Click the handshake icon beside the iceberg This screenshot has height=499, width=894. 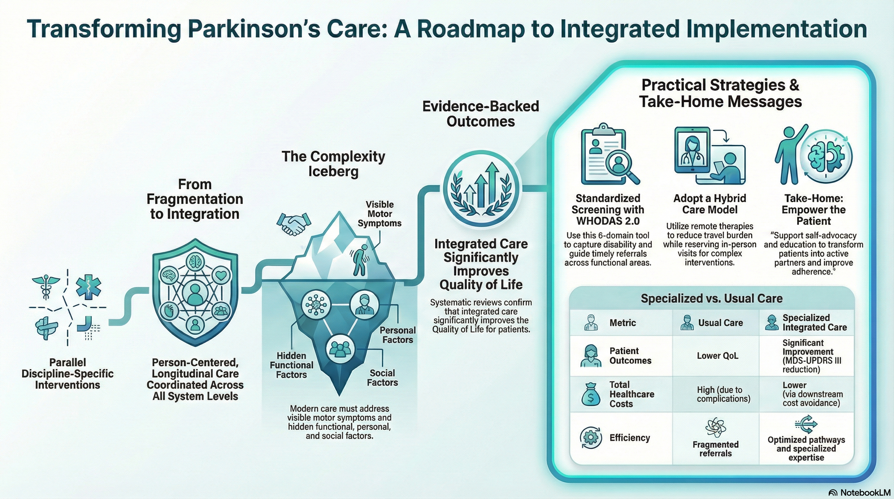click(294, 223)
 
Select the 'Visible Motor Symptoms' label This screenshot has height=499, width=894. click(379, 214)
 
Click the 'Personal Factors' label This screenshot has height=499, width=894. click(397, 335)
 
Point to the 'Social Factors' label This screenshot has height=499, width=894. click(382, 378)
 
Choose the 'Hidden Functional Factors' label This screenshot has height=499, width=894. click(291, 365)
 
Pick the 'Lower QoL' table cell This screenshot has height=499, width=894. click(717, 356)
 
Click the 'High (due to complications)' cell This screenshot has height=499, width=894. click(723, 394)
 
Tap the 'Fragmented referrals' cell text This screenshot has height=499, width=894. click(715, 449)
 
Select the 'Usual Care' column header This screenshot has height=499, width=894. click(720, 323)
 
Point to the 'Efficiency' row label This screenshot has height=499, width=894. click(630, 438)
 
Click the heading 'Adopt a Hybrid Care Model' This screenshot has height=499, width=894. click(709, 204)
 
